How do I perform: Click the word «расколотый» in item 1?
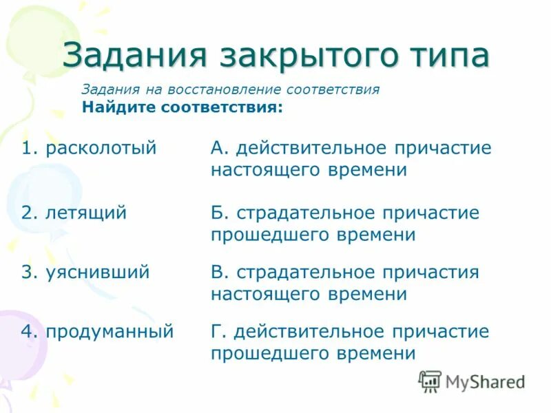[x=101, y=149]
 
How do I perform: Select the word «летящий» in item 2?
[x=86, y=213]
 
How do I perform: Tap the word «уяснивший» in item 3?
[x=97, y=273]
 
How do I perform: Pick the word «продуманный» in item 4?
[x=109, y=332]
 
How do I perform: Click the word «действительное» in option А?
[x=312, y=149]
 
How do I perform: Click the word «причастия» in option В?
[x=436, y=273]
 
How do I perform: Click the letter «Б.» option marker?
[x=218, y=213]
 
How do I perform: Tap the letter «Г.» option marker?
[x=218, y=332]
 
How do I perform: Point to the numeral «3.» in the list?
[x=28, y=273]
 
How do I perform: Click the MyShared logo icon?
[x=430, y=381]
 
